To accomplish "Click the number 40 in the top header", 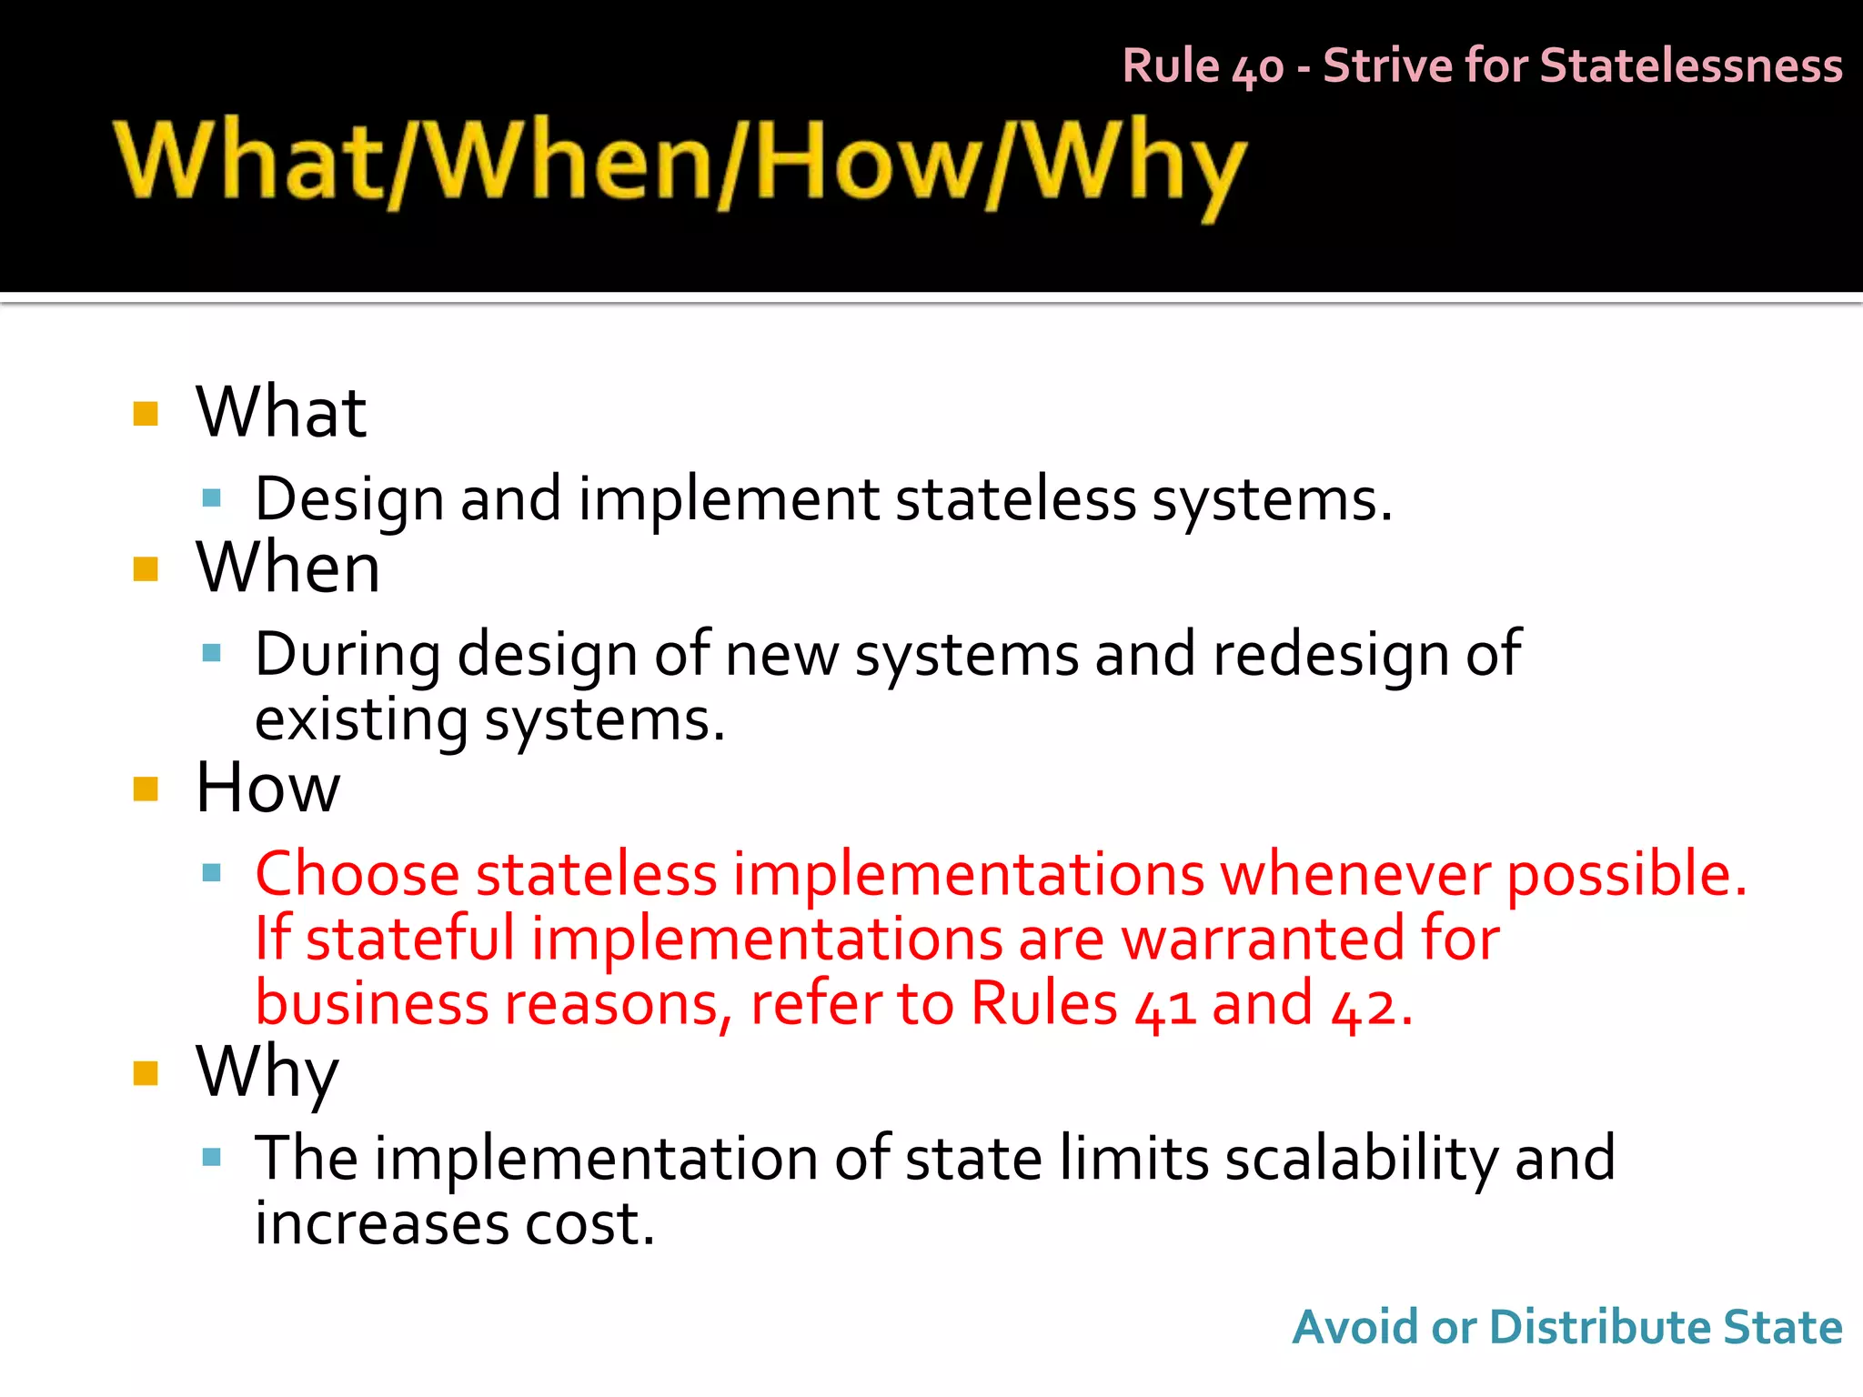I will pos(1257,68).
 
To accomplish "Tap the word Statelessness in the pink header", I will pos(1691,66).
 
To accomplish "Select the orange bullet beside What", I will pos(146,414).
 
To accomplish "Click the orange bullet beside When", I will pos(146,569).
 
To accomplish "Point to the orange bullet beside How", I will pos(146,789).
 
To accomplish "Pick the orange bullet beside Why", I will pos(146,1073).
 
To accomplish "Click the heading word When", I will pos(287,568).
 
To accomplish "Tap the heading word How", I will pos(267,788).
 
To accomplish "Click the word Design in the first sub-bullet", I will pos(348,500).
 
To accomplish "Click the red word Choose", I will pos(357,874).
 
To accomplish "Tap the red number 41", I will pos(1164,1006).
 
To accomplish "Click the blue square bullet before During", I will pos(212,653).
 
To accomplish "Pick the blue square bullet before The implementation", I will pos(212,1158).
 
